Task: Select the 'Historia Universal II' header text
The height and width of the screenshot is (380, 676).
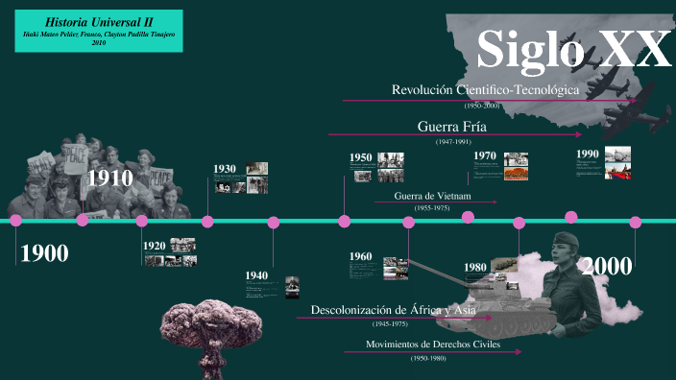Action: point(92,20)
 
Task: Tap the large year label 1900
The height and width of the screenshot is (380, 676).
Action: point(44,254)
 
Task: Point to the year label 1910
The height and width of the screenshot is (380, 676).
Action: point(110,178)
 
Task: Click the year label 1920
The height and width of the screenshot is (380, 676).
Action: point(155,246)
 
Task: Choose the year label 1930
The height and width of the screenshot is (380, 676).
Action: point(225,169)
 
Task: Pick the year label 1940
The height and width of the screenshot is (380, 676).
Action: point(256,275)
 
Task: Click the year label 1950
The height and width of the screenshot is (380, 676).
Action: point(361,157)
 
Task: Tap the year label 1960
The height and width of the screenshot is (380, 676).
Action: point(361,256)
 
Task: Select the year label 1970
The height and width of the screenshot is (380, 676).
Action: point(485,155)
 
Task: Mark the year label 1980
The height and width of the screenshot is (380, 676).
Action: point(475,267)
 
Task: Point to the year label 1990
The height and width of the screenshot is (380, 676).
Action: point(588,154)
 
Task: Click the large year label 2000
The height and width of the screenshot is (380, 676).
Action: point(606,266)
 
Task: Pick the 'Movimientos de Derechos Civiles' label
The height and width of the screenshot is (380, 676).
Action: point(433,344)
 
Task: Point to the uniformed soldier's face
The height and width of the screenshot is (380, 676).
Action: point(567,252)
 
